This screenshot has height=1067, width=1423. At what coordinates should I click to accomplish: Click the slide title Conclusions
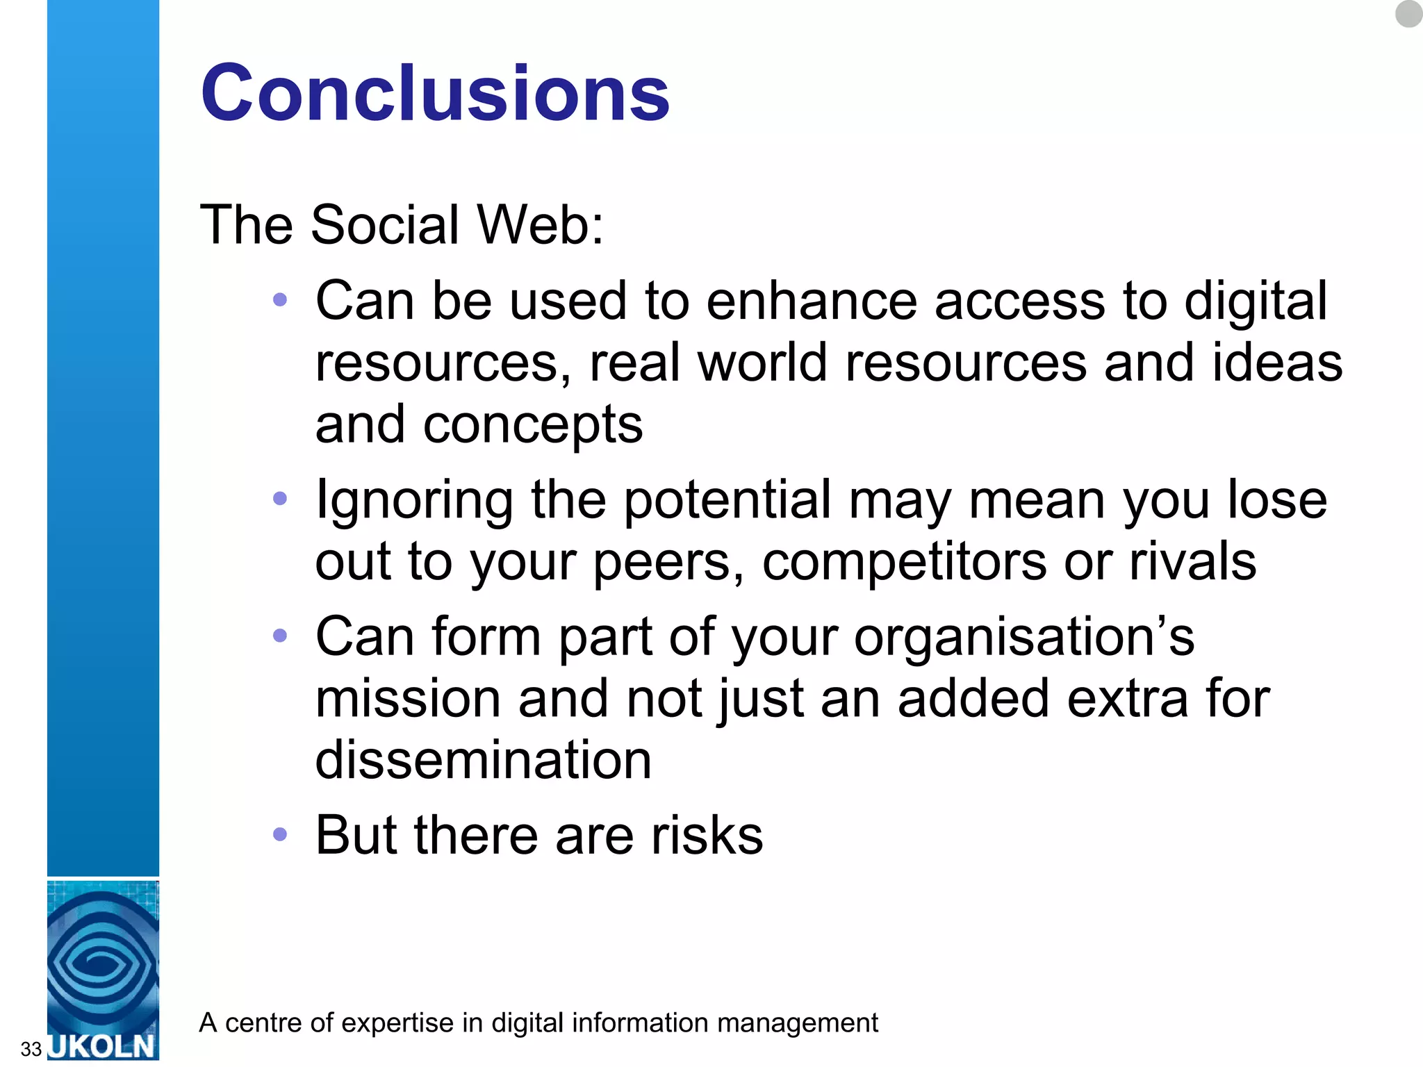(x=435, y=93)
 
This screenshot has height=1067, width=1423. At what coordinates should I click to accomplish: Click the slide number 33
(x=31, y=1048)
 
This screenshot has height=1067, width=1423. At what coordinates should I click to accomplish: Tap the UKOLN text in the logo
(x=103, y=1046)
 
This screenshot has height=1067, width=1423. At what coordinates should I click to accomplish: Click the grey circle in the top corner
(x=1408, y=13)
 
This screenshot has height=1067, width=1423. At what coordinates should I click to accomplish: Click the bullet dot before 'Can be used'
(x=280, y=300)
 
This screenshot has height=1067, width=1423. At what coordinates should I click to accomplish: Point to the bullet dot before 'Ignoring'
(x=280, y=498)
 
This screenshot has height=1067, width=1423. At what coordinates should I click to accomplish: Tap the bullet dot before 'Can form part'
(x=280, y=635)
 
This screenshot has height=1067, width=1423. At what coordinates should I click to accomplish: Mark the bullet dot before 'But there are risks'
(x=280, y=834)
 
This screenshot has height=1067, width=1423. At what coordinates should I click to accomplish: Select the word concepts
(x=533, y=425)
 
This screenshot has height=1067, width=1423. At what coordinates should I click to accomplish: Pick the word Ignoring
(x=414, y=500)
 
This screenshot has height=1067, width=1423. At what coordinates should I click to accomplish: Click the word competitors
(x=904, y=561)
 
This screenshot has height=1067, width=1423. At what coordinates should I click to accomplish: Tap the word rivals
(x=1192, y=561)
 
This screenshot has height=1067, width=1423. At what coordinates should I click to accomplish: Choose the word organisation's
(x=1023, y=637)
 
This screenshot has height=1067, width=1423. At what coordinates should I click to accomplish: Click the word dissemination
(x=484, y=759)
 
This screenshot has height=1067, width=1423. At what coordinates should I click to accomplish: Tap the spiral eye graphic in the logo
(x=101, y=962)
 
